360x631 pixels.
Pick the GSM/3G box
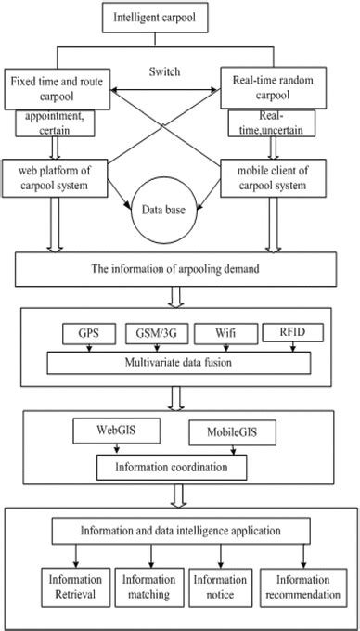[156, 331]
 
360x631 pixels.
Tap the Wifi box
[223, 331]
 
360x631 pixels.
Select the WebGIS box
[112, 431]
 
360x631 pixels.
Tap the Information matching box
[137, 586]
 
